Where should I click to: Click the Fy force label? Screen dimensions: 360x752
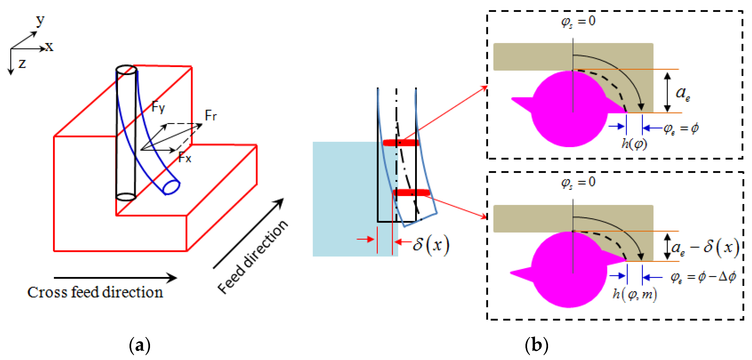point(158,107)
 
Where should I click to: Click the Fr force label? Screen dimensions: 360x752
point(210,115)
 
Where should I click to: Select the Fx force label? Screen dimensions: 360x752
point(185,158)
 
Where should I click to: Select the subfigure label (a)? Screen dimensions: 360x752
point(140,345)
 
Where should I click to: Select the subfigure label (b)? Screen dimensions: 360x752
point(537,345)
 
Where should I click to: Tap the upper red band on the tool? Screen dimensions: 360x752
point(401,143)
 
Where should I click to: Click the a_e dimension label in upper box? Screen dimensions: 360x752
point(683,93)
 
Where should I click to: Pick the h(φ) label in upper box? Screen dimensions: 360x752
point(634,144)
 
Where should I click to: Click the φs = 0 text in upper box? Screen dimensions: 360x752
point(578,21)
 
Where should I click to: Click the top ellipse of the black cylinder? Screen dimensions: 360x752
point(126,70)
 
